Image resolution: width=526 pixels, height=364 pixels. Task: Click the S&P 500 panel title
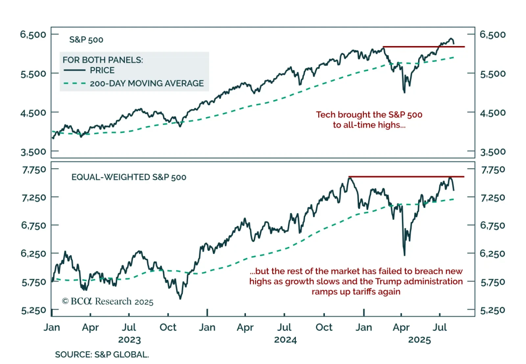pyautogui.click(x=86, y=40)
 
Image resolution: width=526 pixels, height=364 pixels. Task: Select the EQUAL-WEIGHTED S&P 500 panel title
pyautogui.click(x=129, y=177)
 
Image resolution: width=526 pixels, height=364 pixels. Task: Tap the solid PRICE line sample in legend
pyautogui.click(x=74, y=70)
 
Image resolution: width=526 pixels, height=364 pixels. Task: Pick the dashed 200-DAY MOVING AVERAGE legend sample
pyautogui.click(x=74, y=83)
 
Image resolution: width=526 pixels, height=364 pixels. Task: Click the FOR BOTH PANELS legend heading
pyautogui.click(x=103, y=60)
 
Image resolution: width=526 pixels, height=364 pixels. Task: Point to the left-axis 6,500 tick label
pyautogui.click(x=33, y=35)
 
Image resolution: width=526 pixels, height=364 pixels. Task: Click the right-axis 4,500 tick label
pyautogui.click(x=492, y=113)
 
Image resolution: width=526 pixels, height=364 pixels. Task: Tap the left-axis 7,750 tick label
pyautogui.click(x=34, y=170)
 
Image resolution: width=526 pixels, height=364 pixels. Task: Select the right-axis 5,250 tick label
pyautogui.click(x=492, y=310)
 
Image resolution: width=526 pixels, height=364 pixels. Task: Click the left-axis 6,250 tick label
pyautogui.click(x=33, y=254)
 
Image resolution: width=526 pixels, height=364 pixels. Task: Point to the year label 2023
pyautogui.click(x=129, y=340)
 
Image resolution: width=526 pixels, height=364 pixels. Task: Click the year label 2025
pyautogui.click(x=419, y=340)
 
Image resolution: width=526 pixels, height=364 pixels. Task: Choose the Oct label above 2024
pyautogui.click(x=324, y=328)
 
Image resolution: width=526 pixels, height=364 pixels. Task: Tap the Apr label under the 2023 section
pyautogui.click(x=90, y=328)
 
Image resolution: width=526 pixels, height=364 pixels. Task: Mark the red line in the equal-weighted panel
pyautogui.click(x=406, y=177)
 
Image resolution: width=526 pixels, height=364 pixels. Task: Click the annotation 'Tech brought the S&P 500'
pyautogui.click(x=369, y=115)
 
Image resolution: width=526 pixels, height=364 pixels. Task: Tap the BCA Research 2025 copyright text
pyautogui.click(x=108, y=302)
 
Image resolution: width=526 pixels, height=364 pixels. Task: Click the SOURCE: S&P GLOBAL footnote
pyautogui.click(x=102, y=354)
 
